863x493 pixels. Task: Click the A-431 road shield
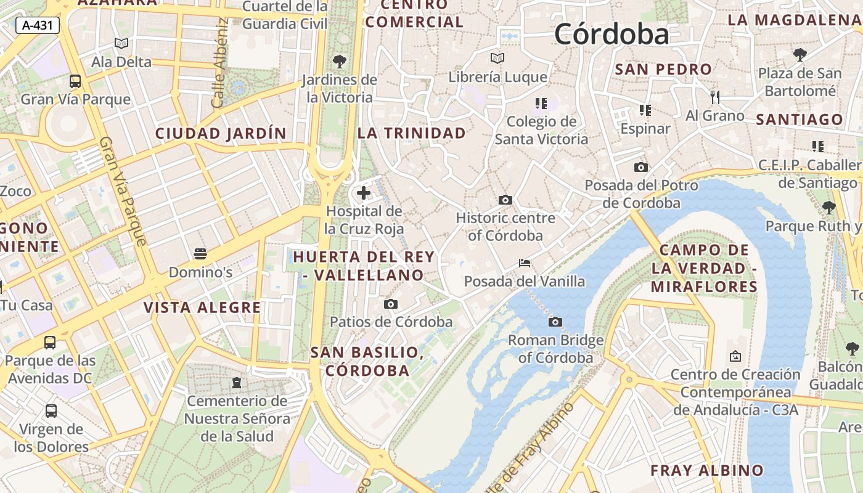click(x=37, y=25)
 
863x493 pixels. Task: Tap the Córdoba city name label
click(x=611, y=33)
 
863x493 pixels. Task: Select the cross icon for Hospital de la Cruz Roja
click(x=364, y=193)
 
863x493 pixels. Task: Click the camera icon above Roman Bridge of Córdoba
click(x=555, y=322)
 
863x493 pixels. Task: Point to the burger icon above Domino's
click(x=200, y=253)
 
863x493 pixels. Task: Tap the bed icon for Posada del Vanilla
click(x=525, y=263)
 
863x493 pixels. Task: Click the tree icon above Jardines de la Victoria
click(x=339, y=61)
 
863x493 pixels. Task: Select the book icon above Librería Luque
click(x=497, y=58)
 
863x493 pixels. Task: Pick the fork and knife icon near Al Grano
click(x=715, y=97)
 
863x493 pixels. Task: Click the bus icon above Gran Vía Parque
click(x=75, y=81)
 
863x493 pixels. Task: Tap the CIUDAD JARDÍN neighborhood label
click(x=221, y=133)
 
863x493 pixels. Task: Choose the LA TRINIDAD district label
click(x=412, y=133)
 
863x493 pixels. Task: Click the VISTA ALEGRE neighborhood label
click(x=202, y=308)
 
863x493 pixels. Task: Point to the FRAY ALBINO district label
click(x=707, y=470)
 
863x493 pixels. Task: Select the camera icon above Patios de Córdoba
click(x=390, y=304)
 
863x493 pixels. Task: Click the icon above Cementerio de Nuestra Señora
click(x=237, y=383)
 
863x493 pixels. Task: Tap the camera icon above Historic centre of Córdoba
click(x=505, y=200)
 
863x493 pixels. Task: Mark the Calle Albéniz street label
click(x=220, y=63)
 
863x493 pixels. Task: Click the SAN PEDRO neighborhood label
click(x=663, y=69)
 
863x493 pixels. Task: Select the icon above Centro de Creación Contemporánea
click(x=735, y=356)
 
